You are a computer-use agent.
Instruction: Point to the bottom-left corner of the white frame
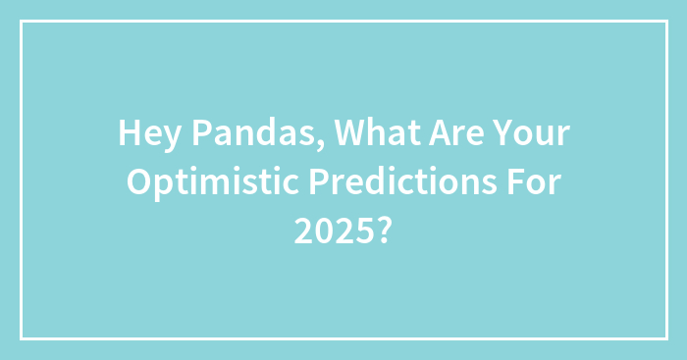(22, 338)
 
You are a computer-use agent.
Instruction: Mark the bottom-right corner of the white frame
(665, 338)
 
